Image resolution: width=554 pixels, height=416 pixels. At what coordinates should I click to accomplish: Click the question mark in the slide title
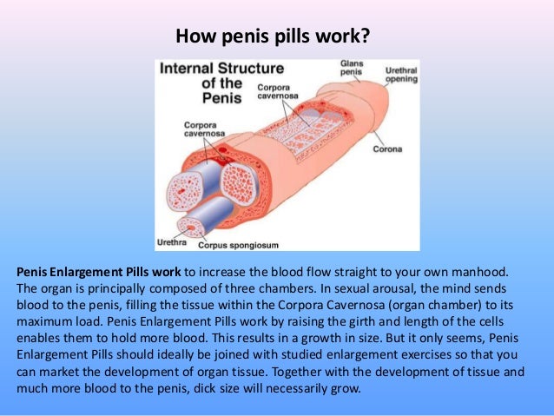point(371,37)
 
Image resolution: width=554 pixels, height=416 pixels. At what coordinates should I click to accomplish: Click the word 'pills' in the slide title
point(286,38)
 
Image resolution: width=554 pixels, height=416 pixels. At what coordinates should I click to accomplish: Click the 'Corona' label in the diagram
point(387,149)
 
